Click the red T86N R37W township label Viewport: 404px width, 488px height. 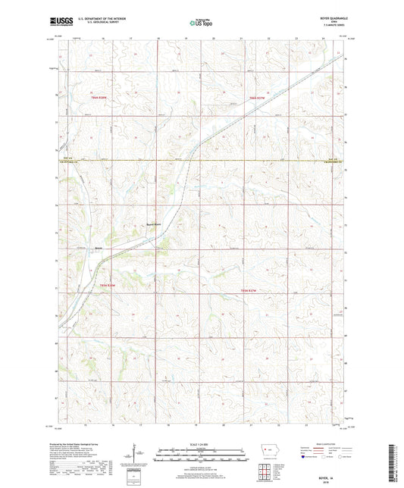[260, 98]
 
